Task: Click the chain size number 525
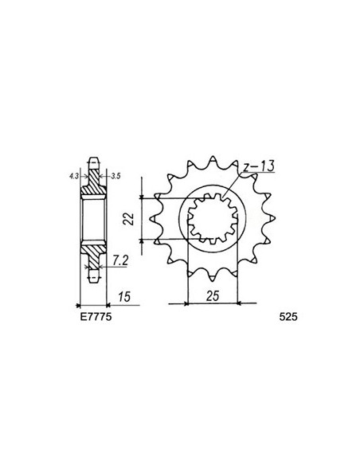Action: click(x=290, y=315)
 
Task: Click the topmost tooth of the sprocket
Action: click(x=215, y=151)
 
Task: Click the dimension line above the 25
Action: click(x=213, y=303)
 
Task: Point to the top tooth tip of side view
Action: click(x=93, y=158)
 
